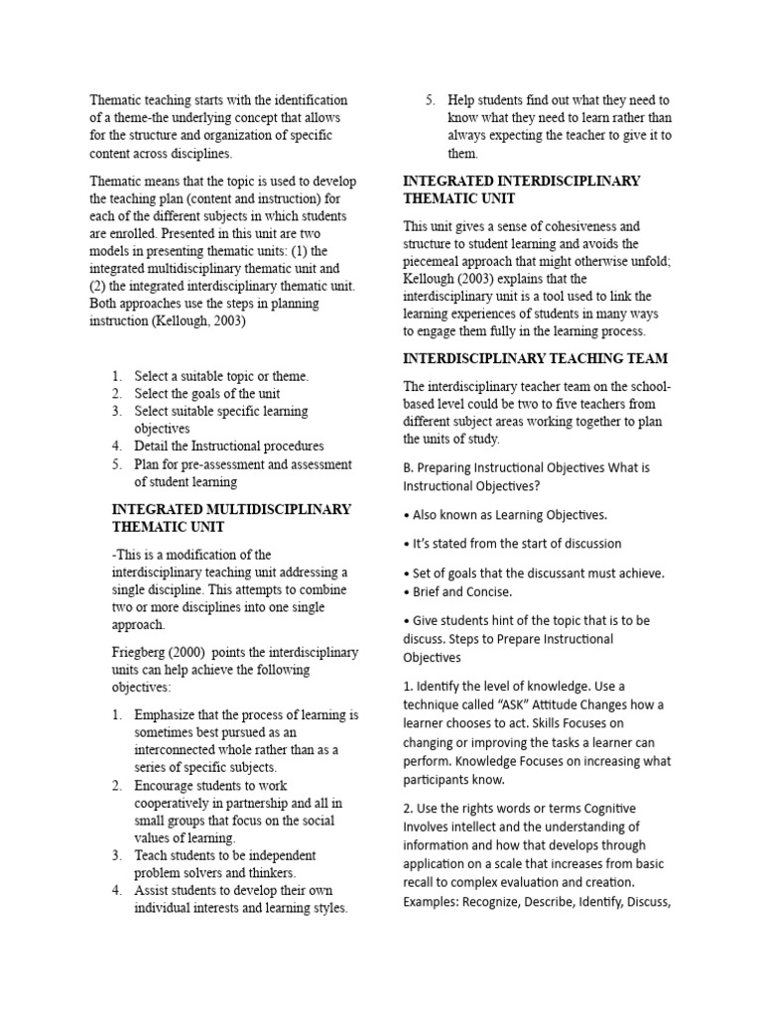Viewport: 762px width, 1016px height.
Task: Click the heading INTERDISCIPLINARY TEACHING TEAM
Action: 535,358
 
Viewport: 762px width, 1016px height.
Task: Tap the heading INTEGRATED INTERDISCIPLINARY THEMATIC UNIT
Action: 521,190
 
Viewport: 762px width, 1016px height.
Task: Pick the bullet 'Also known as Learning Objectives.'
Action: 507,514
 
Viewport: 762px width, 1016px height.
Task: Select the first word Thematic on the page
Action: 116,100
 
